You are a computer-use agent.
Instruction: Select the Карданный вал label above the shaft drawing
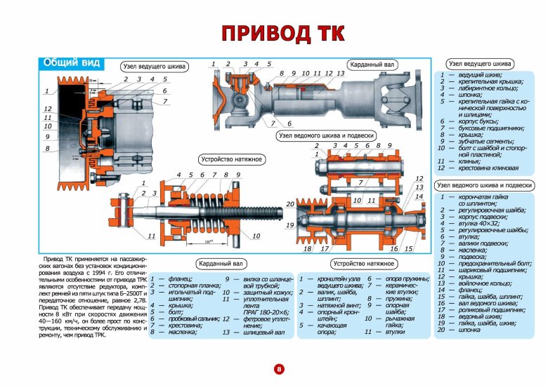(x=372, y=65)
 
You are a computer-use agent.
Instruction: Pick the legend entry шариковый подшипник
(x=492, y=269)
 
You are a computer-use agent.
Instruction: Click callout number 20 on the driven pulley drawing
(x=289, y=204)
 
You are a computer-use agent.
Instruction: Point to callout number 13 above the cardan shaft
(x=340, y=73)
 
